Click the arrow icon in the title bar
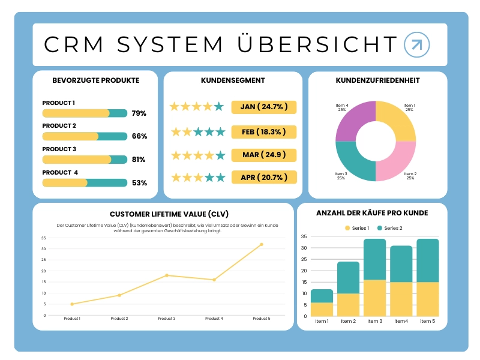click(417, 44)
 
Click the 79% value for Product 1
click(139, 113)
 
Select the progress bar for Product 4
click(85, 182)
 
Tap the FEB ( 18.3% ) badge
click(264, 131)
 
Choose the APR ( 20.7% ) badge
click(264, 177)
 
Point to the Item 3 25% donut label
click(341, 176)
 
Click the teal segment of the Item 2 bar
click(348, 277)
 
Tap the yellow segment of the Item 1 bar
click(322, 309)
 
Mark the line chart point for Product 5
click(262, 244)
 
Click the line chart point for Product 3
click(166, 275)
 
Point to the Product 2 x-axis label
click(119, 319)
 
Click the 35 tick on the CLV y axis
click(44, 238)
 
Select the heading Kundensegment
click(233, 80)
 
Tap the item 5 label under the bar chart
click(427, 321)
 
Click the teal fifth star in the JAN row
click(219, 107)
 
